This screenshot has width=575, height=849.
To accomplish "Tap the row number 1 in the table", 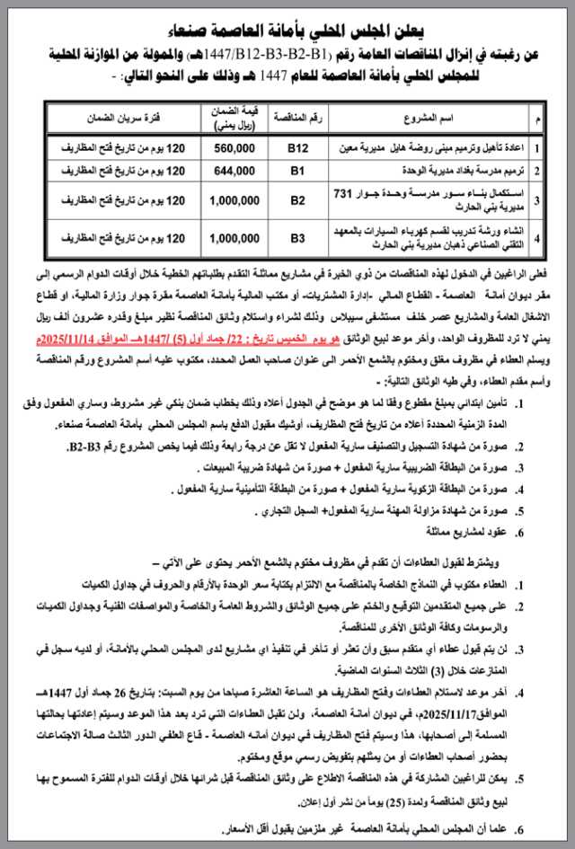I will point(536,146).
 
